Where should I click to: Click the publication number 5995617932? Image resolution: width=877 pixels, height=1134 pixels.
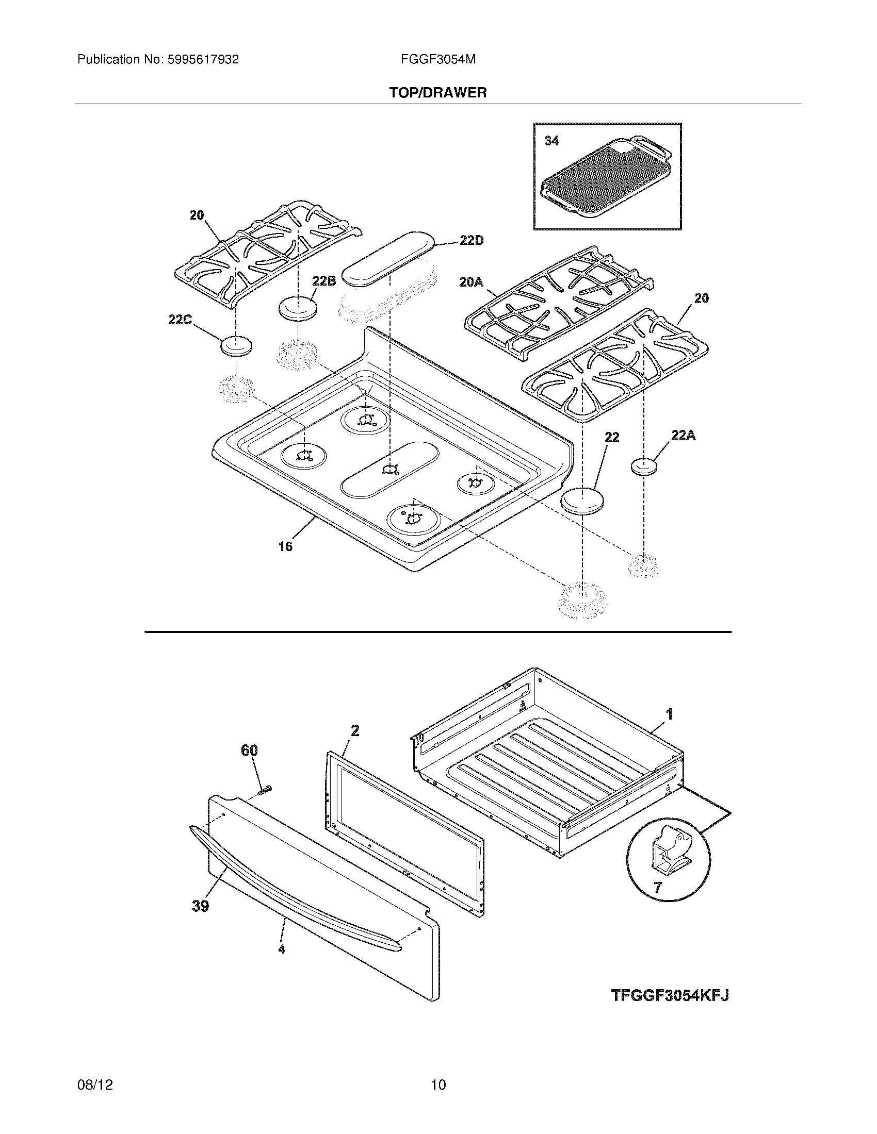203,60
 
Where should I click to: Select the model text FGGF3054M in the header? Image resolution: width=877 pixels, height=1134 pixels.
438,60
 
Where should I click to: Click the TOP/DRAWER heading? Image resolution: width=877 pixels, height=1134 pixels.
438,93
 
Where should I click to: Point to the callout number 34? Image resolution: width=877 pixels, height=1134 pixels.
551,141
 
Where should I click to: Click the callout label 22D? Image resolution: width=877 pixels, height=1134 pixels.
470,241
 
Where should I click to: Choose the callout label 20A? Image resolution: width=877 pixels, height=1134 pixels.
471,282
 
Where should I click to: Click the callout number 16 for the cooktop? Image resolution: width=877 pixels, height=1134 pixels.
285,546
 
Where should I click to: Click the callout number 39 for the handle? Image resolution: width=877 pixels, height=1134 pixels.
201,906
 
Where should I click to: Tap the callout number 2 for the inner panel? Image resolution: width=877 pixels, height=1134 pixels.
355,731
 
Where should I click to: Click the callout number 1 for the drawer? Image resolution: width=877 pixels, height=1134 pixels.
670,714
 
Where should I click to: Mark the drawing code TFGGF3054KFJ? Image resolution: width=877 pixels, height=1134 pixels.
670,1010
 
